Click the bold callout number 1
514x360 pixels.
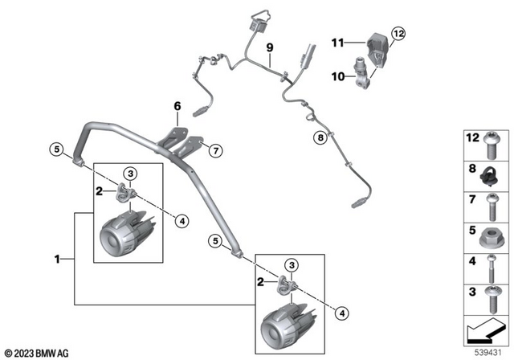click(x=57, y=259)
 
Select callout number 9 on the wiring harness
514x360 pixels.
click(x=270, y=47)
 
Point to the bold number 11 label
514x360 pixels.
click(x=338, y=41)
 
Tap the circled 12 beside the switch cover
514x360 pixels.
click(x=399, y=33)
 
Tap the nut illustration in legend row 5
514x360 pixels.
click(x=492, y=239)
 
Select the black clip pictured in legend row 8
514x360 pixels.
click(x=492, y=174)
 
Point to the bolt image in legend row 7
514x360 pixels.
click(x=492, y=207)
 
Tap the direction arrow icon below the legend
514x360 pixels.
click(x=486, y=329)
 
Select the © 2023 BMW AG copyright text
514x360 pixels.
click(x=38, y=352)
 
